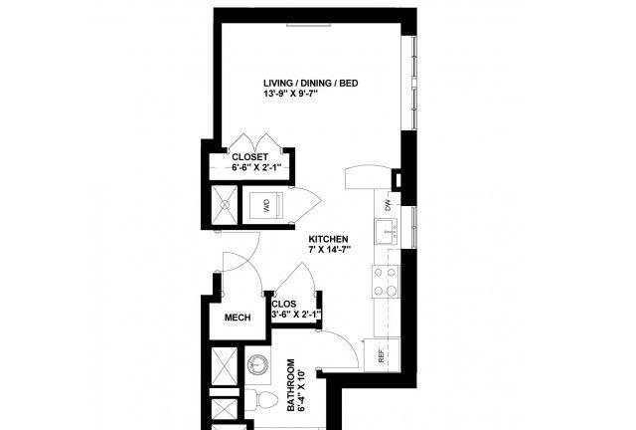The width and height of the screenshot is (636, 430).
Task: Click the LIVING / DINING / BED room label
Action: pyautogui.click(x=311, y=84)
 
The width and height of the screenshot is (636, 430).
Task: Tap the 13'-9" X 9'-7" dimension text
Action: pyautogui.click(x=290, y=94)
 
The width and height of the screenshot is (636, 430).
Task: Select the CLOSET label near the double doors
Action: pyautogui.click(x=249, y=157)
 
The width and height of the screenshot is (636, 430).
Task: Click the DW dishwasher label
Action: pyautogui.click(x=388, y=205)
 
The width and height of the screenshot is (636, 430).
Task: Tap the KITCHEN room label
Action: pyautogui.click(x=328, y=239)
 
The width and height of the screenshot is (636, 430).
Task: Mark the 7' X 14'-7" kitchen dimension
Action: pyautogui.click(x=329, y=249)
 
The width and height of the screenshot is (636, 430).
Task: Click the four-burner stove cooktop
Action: pyautogui.click(x=386, y=282)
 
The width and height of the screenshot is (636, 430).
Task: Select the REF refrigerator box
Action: pyautogui.click(x=382, y=354)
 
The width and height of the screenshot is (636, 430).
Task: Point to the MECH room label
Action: pyautogui.click(x=238, y=318)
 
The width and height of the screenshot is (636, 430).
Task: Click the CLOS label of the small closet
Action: pyautogui.click(x=284, y=304)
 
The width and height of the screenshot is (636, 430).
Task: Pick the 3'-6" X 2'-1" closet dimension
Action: pyautogui.click(x=296, y=315)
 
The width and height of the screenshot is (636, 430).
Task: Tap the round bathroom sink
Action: pyautogui.click(x=257, y=363)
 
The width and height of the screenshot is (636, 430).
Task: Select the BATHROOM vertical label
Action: pyautogui.click(x=291, y=384)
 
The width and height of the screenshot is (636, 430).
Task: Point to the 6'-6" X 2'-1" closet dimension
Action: pyautogui.click(x=256, y=167)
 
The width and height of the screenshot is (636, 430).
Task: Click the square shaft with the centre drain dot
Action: pyautogui.click(x=225, y=205)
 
